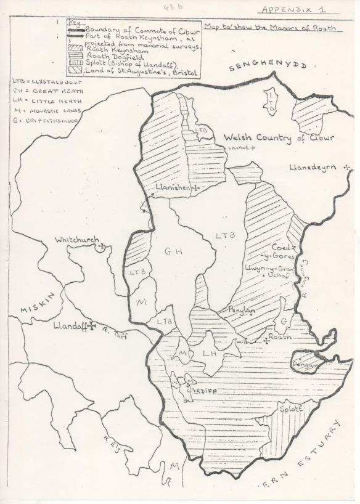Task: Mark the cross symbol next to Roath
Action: (266, 340)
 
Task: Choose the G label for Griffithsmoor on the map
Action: (284, 320)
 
